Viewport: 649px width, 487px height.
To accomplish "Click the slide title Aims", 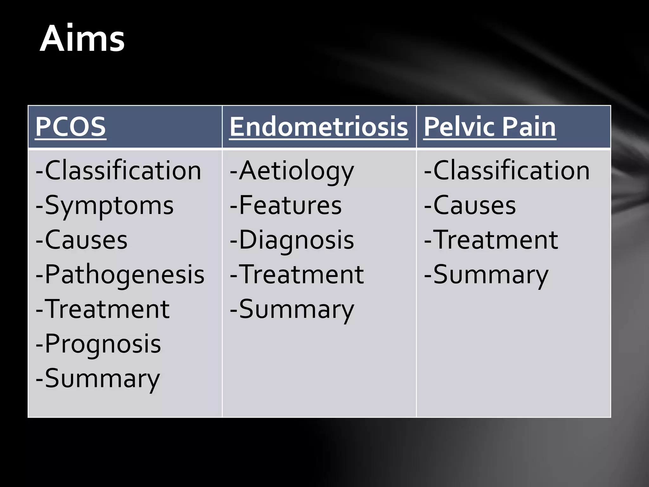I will coord(82,39).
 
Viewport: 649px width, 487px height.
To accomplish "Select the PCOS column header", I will coord(70,127).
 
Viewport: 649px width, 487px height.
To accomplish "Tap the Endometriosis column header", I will coord(318,127).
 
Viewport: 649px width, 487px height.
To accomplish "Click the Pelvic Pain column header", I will coord(490,127).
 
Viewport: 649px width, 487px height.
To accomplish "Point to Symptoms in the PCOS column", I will coord(105,206).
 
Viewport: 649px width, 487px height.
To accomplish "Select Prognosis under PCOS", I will coord(99,344).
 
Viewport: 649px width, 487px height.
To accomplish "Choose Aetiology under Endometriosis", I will coord(292,171).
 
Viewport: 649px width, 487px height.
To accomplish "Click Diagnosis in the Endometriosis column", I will coord(292,240).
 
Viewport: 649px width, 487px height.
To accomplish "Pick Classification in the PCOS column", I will coord(119,171).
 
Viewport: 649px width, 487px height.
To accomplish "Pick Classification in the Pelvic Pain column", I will coord(507,171).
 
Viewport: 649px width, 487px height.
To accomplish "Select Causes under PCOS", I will coord(82,240).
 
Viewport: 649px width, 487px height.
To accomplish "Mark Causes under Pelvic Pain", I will coord(470,206).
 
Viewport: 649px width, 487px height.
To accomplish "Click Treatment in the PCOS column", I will coord(103,309).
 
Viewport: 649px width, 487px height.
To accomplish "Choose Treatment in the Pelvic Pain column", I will coord(491,240).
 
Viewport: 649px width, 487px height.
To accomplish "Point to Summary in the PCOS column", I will coord(98,379).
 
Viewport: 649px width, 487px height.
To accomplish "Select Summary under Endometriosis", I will coord(292,309).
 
